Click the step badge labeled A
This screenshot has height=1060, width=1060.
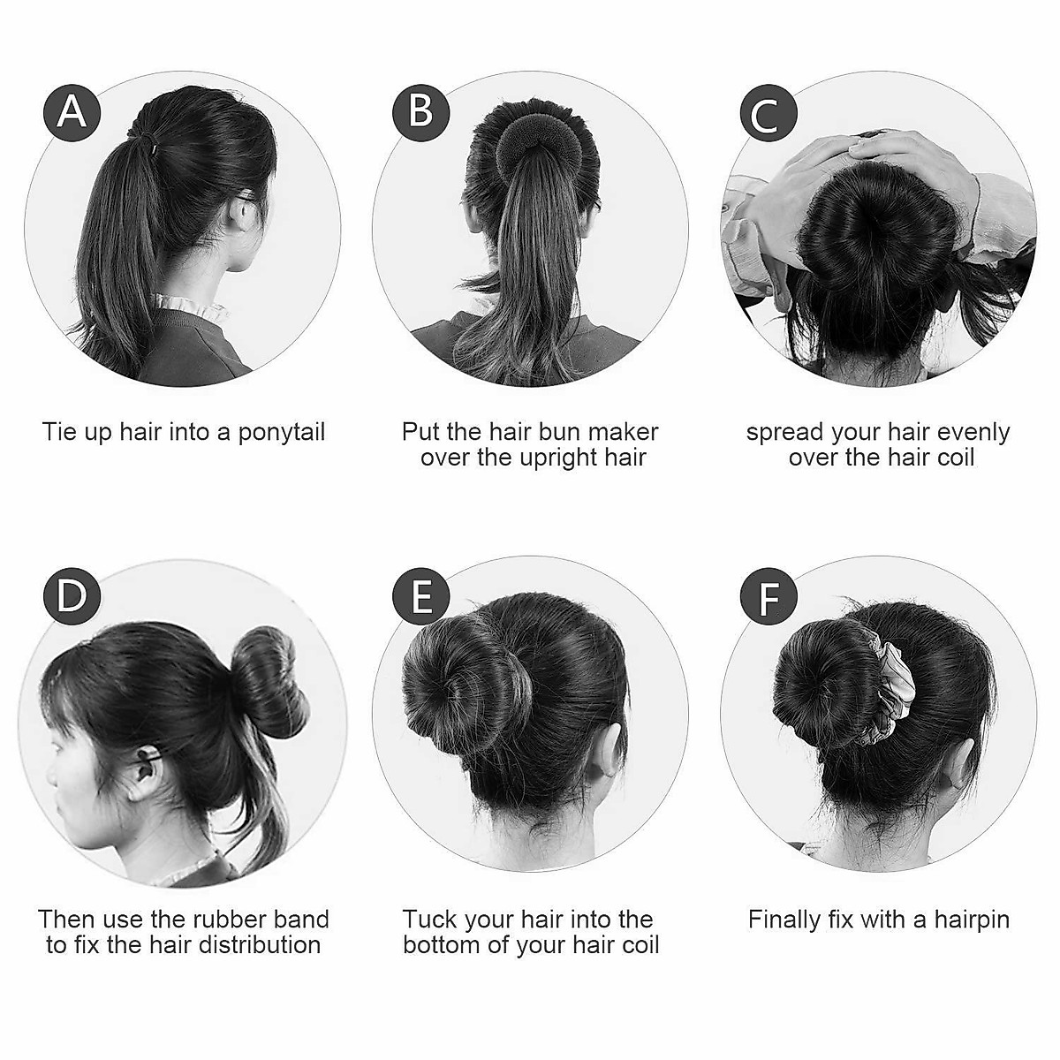(72, 113)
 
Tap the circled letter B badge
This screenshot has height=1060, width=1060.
(421, 113)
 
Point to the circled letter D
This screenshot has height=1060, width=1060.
(72, 596)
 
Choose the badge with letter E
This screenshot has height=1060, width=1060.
(421, 596)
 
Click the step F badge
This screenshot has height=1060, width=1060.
(769, 597)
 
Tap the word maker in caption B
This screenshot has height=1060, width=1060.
(624, 432)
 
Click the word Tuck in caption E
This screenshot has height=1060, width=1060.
(428, 920)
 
